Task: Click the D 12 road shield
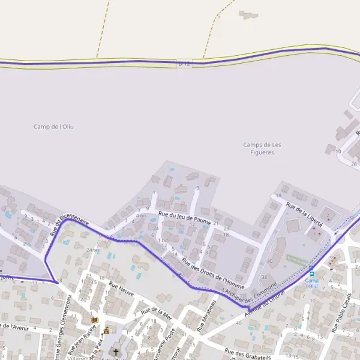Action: (x=184, y=63)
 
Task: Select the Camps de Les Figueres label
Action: (x=263, y=148)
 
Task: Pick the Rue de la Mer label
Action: (x=157, y=313)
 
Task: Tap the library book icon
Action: (x=94, y=320)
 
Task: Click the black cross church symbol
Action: (x=116, y=352)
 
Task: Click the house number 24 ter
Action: (x=93, y=250)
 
